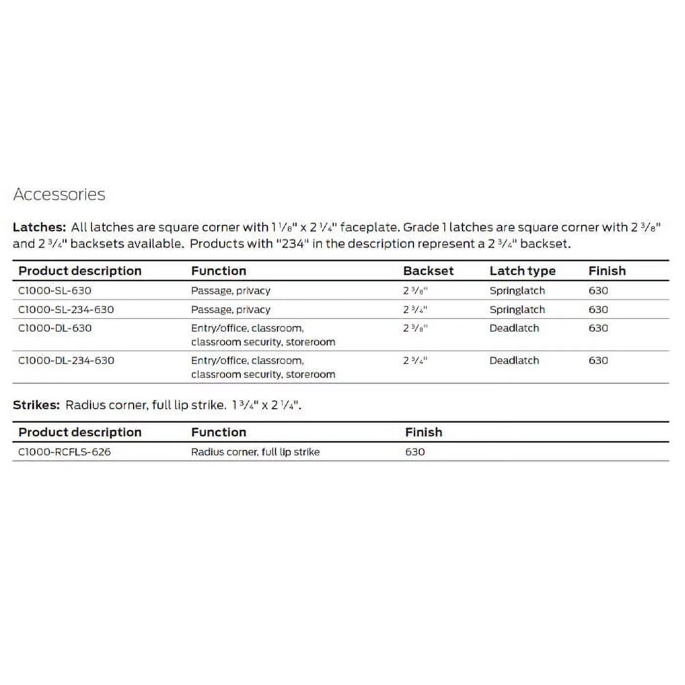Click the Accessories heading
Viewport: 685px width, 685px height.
(x=59, y=194)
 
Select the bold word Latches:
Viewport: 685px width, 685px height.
(x=39, y=227)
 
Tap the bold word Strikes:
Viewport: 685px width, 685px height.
(x=36, y=405)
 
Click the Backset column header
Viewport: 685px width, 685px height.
(x=428, y=271)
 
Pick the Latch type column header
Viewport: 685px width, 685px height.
(x=522, y=271)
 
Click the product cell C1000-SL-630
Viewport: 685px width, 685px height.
(x=54, y=291)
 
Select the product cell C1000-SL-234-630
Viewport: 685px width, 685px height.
(x=66, y=310)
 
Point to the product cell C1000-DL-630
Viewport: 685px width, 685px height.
(x=54, y=328)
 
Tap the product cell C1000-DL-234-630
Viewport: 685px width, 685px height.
(x=66, y=361)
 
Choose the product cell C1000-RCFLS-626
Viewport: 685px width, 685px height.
(x=64, y=452)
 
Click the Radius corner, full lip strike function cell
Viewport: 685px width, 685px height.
(x=255, y=452)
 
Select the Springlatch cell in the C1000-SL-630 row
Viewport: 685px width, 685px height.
(x=517, y=291)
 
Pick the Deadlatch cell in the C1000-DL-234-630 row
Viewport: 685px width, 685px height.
(x=514, y=361)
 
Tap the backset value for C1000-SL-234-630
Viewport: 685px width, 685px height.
(x=415, y=310)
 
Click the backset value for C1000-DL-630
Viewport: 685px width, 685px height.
(x=415, y=328)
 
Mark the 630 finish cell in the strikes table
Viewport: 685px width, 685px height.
(x=414, y=452)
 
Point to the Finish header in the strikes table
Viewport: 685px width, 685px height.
(x=423, y=432)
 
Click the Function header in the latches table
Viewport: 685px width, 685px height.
(x=218, y=271)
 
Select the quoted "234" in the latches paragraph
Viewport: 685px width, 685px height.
(x=293, y=244)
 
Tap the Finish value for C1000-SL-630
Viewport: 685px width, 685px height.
(x=598, y=291)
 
